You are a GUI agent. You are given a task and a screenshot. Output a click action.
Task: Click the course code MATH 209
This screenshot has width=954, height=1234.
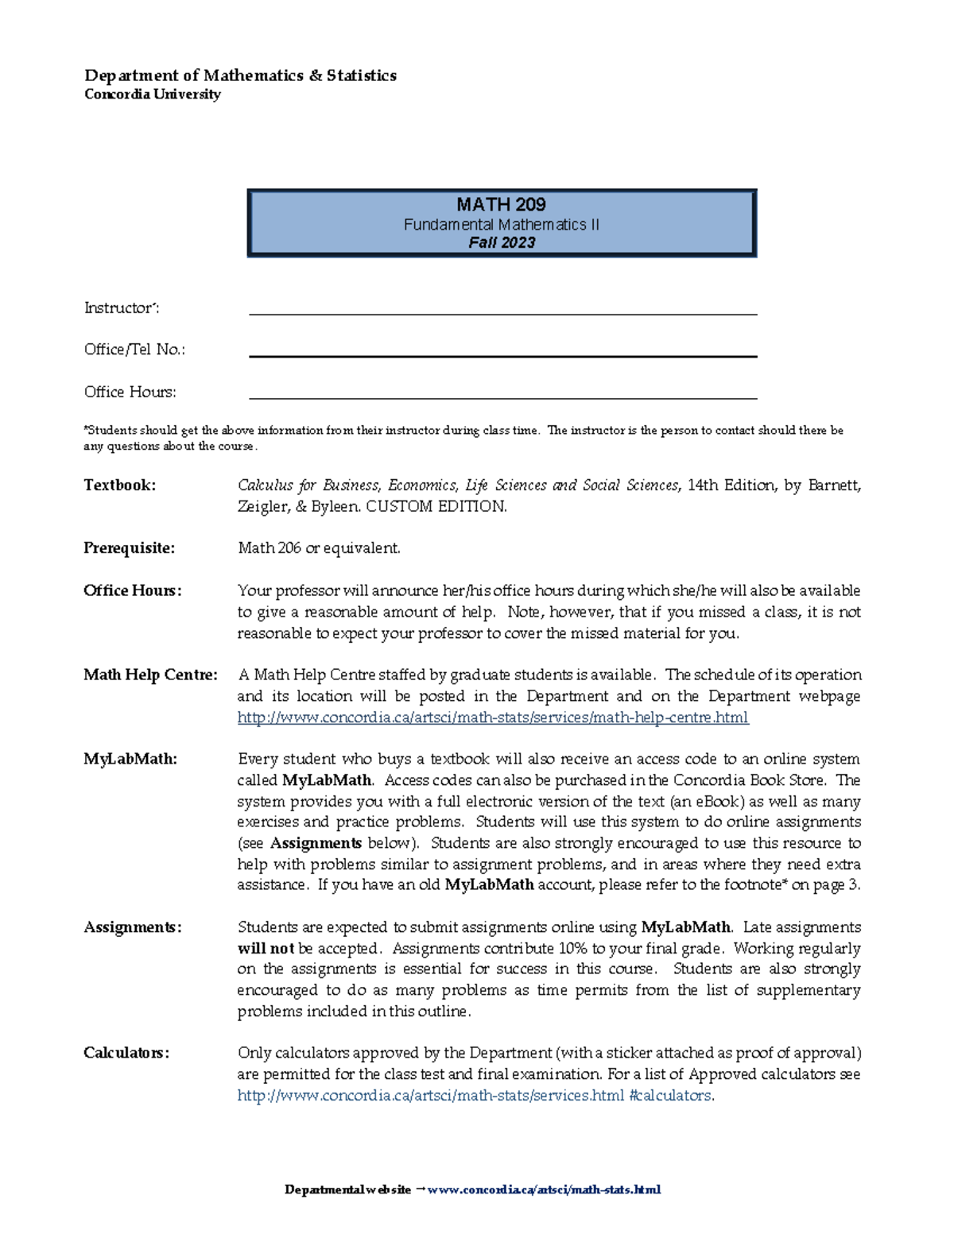pyautogui.click(x=501, y=204)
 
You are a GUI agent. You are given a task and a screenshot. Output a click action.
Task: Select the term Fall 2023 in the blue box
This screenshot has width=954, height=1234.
pyautogui.click(x=501, y=243)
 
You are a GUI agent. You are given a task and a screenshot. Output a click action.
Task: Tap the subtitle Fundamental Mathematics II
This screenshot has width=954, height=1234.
pyautogui.click(x=501, y=225)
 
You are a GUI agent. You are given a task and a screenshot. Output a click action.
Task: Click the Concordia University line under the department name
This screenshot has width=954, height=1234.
pyautogui.click(x=153, y=95)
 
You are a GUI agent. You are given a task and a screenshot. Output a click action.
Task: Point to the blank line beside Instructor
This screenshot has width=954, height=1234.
pyautogui.click(x=502, y=312)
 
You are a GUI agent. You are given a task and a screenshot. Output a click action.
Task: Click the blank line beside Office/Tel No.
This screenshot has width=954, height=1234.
pyautogui.click(x=502, y=354)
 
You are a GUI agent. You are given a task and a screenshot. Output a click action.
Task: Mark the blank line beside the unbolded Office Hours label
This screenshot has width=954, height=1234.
pyautogui.click(x=502, y=397)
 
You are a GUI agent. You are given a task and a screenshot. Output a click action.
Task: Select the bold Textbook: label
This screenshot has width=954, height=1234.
pyautogui.click(x=120, y=485)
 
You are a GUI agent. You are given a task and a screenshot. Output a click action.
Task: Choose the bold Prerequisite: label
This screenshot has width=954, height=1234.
pyautogui.click(x=129, y=548)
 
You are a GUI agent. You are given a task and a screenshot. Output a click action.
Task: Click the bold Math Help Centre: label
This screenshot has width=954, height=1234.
pyautogui.click(x=150, y=675)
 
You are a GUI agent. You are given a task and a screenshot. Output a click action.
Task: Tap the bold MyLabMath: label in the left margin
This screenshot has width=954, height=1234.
pyautogui.click(x=130, y=759)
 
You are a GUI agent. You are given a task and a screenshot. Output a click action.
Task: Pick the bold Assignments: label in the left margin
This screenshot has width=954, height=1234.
pyautogui.click(x=133, y=927)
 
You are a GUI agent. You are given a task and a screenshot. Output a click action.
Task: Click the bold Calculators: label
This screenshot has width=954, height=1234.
pyautogui.click(x=126, y=1053)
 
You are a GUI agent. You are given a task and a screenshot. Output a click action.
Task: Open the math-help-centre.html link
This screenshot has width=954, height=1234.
pyautogui.click(x=493, y=718)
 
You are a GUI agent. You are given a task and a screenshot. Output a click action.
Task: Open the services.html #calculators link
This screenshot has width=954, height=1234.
pyautogui.click(x=475, y=1096)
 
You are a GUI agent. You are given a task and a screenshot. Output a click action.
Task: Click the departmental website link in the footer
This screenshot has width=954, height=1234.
pyautogui.click(x=544, y=1190)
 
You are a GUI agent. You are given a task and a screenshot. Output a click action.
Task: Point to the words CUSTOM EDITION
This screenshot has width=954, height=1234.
pyautogui.click(x=436, y=507)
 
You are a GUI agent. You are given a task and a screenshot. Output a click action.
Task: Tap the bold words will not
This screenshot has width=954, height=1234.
pyautogui.click(x=266, y=949)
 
